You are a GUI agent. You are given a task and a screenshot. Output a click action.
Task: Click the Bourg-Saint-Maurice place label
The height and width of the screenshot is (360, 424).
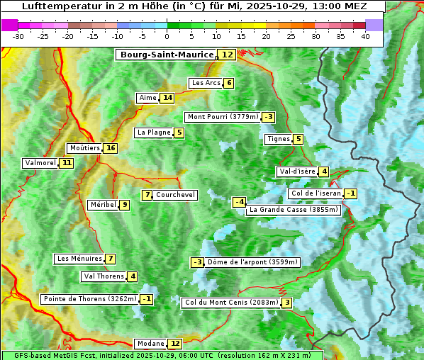coord(167,55)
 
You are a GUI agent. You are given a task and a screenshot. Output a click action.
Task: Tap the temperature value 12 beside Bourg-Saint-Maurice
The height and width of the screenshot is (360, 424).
coord(227,55)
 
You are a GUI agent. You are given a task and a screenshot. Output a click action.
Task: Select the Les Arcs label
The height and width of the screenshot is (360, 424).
coord(206,83)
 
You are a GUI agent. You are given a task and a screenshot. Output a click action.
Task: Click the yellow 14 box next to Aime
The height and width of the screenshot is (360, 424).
coord(167,98)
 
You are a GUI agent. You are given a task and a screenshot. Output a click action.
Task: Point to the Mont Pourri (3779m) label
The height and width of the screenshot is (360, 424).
coord(222,117)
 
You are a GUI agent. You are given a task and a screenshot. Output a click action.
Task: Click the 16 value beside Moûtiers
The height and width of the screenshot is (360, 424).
coord(110,148)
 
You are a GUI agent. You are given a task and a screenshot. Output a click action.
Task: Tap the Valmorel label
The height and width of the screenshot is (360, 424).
coord(40,163)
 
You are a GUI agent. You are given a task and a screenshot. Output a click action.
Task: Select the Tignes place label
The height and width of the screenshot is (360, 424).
coord(278,139)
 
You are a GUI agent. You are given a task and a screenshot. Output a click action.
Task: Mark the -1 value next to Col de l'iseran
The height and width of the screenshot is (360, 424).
coord(350,194)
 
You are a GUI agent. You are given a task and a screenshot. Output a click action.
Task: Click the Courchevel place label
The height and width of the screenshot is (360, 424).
coord(175,195)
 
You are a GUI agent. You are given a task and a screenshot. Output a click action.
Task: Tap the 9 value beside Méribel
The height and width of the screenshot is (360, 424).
coord(125,205)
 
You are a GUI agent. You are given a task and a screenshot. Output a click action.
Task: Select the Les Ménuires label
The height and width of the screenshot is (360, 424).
coord(79,259)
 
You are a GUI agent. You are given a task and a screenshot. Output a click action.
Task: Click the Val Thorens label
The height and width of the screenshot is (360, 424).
coord(104,276)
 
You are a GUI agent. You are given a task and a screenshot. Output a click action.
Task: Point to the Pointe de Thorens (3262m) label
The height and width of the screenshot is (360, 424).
coord(89,299)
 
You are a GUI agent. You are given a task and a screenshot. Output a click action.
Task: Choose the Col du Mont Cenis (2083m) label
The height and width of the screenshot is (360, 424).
coord(230,303)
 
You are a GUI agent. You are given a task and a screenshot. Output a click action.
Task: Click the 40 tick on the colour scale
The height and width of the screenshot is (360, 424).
coord(365,36)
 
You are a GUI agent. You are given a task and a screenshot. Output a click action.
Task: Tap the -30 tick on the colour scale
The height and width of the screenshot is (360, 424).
coord(18,36)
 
